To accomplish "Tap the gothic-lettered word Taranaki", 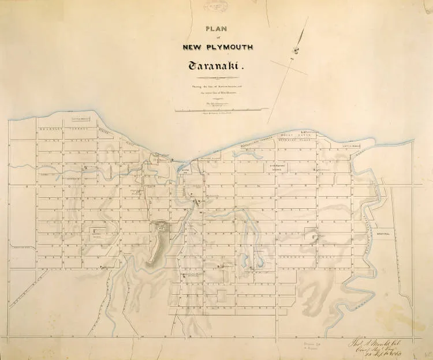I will coord(216,66).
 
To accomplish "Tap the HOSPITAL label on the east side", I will coord(383,234).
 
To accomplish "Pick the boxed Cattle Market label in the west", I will coord(81,120).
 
